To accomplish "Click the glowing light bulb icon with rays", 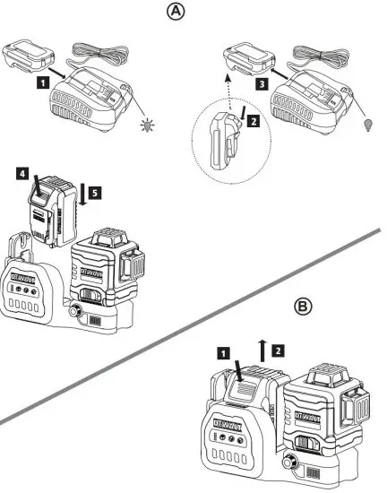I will coord(146,125).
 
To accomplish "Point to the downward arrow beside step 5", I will coord(82,193).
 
